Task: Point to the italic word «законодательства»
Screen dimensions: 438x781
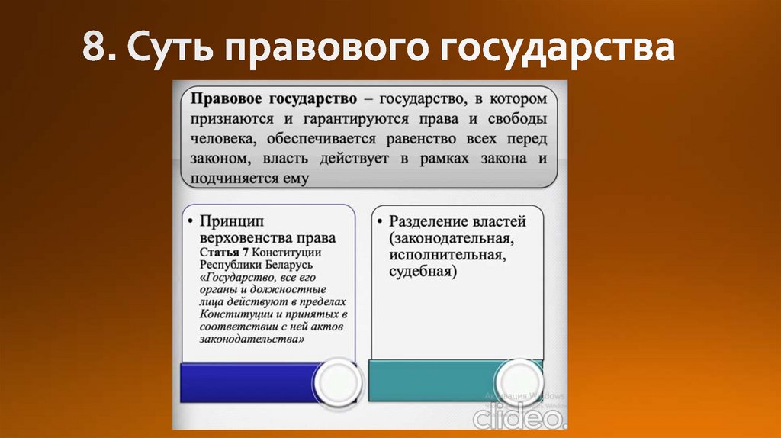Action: (x=252, y=338)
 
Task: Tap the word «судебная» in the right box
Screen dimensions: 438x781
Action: (x=422, y=271)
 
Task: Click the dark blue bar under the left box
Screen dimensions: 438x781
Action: (x=244, y=380)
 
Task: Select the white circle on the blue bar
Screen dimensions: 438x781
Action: (x=336, y=381)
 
